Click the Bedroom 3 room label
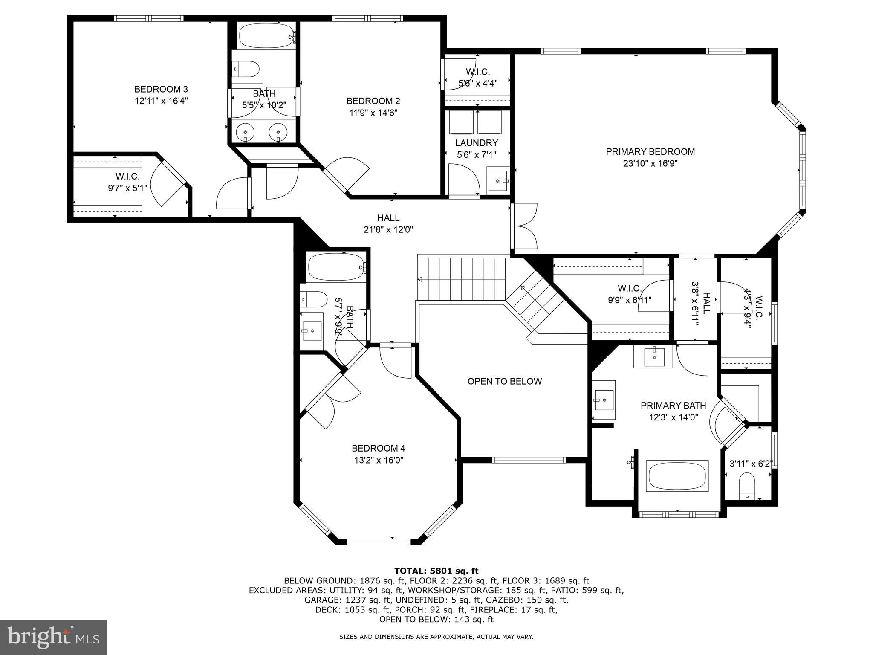coord(161,89)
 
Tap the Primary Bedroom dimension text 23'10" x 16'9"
coord(650,163)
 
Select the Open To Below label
coord(504,381)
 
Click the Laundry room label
coord(476,143)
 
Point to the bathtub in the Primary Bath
coord(677,475)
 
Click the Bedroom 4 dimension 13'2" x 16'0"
coord(378,460)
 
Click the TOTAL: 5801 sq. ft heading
coord(436,571)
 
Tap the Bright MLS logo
coord(53,637)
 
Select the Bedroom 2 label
coord(373,101)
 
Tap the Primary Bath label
coord(673,405)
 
